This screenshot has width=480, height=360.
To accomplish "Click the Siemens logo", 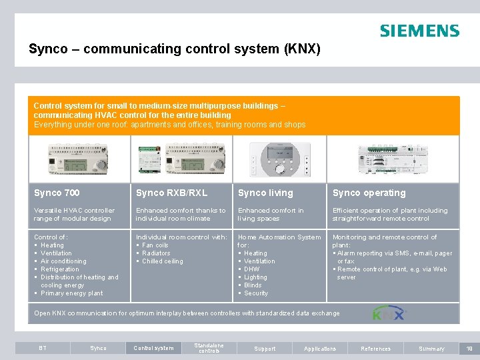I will pos(419,31).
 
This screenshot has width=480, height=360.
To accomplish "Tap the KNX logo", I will pos(388,313).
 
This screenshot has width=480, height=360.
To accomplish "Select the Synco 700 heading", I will pos(57,193).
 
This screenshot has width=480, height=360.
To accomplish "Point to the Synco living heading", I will pos(265,193).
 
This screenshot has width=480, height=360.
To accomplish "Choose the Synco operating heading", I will pos(369,193).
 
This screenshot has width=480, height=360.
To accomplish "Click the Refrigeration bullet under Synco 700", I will pos(59,269).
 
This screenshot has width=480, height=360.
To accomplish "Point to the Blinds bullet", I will pos(253,285).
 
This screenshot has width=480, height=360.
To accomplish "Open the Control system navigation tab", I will pos(153,348).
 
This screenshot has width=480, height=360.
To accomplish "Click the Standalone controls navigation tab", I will pos(209,348).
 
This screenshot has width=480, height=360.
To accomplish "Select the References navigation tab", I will pos(376,348).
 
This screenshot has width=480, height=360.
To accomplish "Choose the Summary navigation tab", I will pos(431,348).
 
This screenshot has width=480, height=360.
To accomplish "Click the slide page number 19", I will pos(469,348).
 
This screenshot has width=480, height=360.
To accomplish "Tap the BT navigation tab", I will pos(43,348).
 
